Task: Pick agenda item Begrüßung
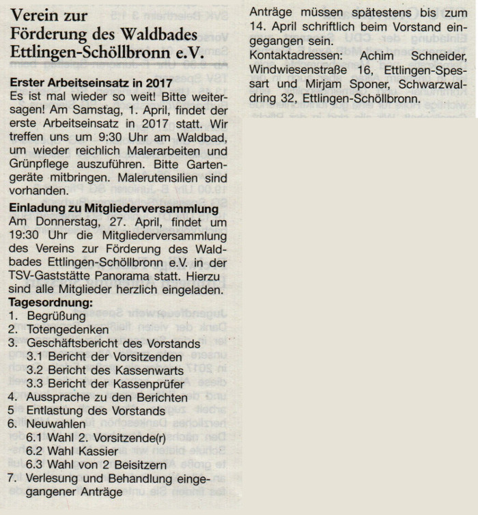click(56, 316)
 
